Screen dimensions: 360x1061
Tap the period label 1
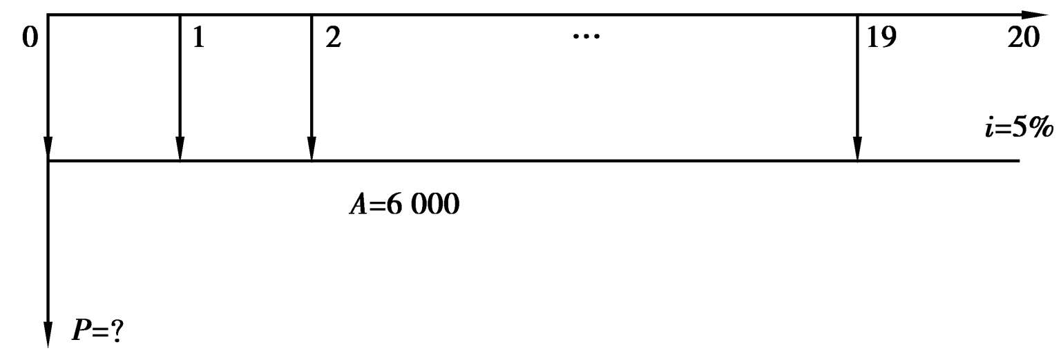(198, 39)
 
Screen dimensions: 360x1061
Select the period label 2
(332, 39)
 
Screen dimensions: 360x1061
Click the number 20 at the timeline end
(1023, 39)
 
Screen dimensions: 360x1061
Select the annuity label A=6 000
(403, 206)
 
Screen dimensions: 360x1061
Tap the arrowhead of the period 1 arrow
(180, 149)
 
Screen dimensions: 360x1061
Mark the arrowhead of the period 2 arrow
(312, 149)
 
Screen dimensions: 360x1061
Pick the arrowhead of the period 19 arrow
(857, 149)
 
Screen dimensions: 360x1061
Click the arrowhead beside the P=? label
(48, 335)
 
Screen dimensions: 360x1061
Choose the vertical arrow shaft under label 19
(857, 83)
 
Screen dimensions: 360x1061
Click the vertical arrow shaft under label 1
(180, 83)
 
